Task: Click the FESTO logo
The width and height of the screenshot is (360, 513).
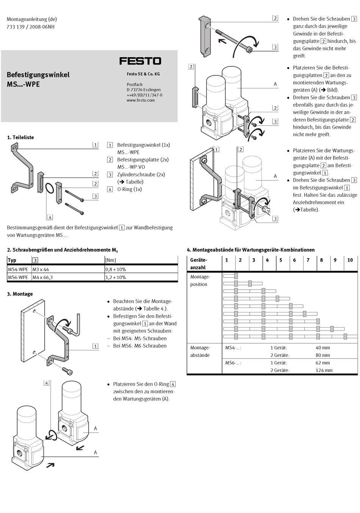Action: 140,61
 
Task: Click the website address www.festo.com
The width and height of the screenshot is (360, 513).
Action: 141,100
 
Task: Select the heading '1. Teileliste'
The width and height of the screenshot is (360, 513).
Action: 20,137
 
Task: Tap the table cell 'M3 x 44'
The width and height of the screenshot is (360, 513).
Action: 41,269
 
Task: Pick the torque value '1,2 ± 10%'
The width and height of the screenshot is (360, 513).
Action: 116,277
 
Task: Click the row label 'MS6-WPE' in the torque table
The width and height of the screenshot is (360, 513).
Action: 18,277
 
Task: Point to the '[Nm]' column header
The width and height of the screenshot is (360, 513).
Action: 110,260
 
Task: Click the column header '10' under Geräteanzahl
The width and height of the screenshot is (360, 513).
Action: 350,260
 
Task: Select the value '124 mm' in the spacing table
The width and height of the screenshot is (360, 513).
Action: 324,370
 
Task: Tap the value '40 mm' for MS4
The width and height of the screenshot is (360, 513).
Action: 322,348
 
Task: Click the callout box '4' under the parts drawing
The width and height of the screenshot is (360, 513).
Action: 50,217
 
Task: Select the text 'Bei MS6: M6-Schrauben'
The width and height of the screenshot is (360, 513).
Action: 139,346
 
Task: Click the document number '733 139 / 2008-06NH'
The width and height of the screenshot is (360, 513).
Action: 31,27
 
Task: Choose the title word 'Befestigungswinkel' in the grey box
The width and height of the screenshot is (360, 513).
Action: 38,75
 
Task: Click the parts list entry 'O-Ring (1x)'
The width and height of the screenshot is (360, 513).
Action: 129,189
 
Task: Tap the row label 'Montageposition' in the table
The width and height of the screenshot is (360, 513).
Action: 200,281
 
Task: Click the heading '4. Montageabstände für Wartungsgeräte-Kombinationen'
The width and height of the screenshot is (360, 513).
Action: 251,250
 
